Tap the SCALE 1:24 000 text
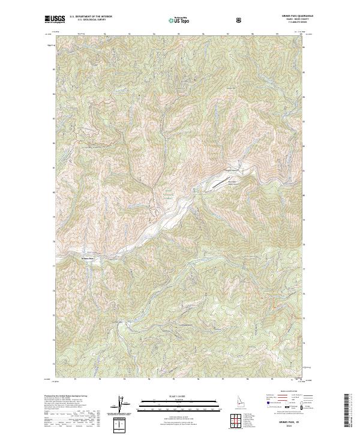click(x=172, y=395)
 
